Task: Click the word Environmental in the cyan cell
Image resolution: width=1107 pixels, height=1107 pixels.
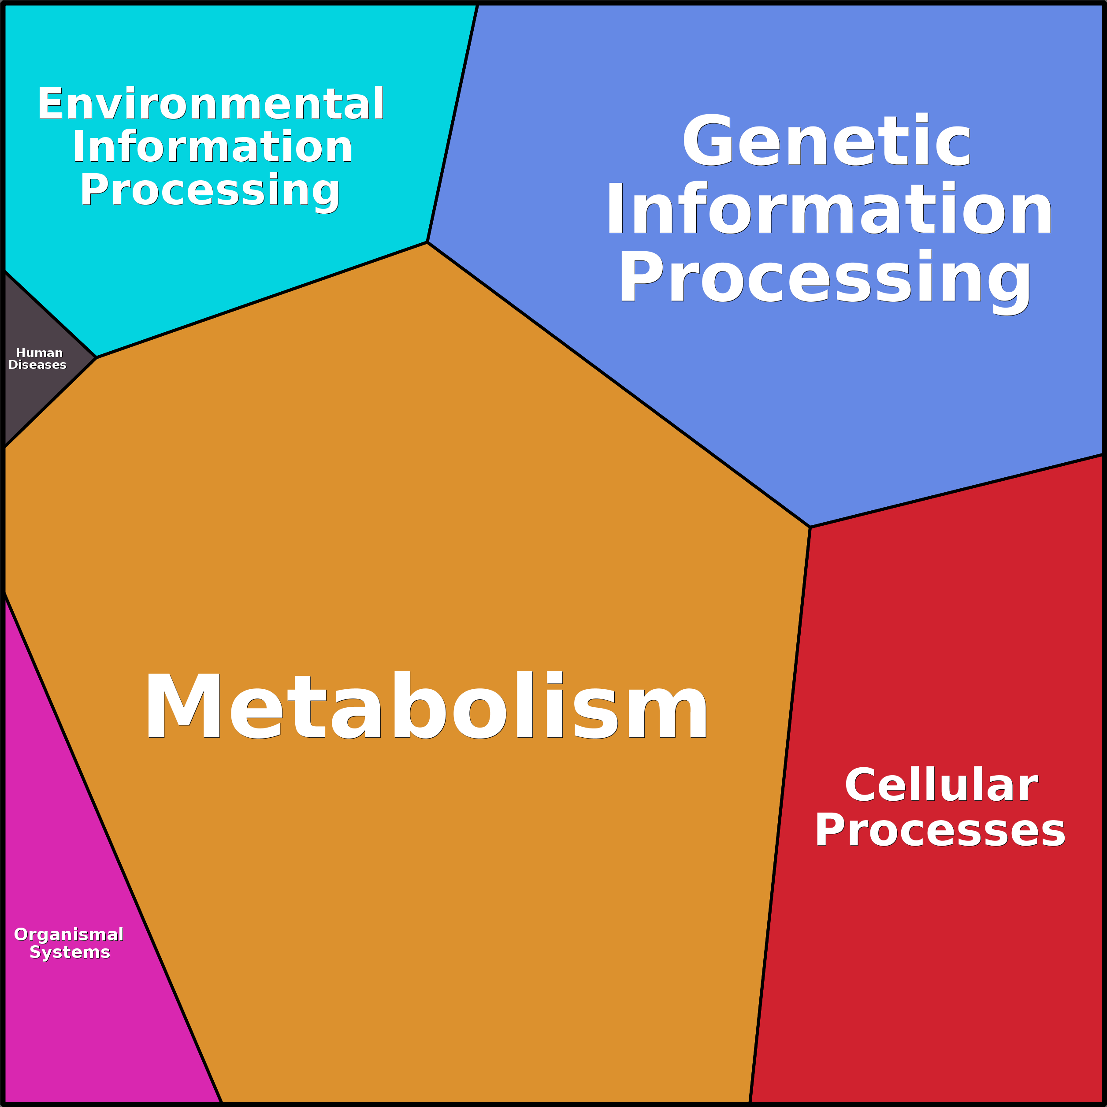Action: point(210,104)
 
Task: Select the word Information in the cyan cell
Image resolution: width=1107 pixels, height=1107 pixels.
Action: point(212,147)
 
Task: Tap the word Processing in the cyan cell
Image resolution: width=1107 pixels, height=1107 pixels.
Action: point(210,190)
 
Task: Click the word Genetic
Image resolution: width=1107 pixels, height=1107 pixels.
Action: point(826,141)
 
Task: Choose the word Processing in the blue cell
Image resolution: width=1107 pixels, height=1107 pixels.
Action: point(825,277)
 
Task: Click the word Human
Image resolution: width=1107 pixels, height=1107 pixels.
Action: point(39,353)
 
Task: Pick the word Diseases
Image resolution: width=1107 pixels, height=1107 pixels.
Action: point(37,365)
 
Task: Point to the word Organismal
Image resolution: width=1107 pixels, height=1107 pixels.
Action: point(69,935)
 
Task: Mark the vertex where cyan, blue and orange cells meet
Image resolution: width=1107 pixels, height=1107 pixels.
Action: point(427,242)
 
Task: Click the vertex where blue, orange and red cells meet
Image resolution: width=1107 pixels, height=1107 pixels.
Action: point(810,527)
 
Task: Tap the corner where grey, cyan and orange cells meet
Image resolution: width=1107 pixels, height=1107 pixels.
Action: point(96,357)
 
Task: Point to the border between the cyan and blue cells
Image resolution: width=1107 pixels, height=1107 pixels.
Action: point(453,123)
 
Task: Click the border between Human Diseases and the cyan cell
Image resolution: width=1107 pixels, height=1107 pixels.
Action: point(50,315)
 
